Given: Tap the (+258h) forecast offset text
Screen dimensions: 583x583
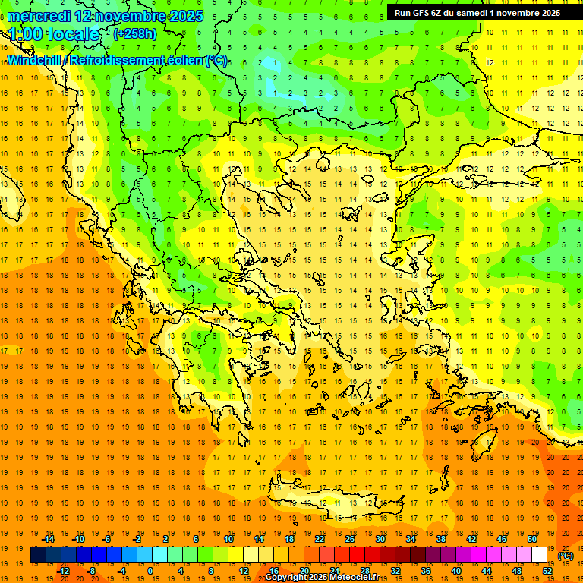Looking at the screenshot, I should pos(135,33).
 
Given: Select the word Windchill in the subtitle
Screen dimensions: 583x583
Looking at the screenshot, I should pos(34,60).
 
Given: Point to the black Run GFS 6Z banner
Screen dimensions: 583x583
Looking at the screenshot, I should pos(476,12).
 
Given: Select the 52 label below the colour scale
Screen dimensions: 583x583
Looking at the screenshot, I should pos(547,571).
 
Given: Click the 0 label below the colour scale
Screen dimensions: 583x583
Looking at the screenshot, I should pos(150,571).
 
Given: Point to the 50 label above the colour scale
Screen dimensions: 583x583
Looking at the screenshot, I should pos(532,539).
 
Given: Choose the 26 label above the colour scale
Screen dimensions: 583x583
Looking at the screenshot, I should pos(350,539).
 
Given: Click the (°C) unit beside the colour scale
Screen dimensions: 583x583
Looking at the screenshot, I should pos(566,556).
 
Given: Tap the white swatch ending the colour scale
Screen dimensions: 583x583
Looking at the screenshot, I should pos(540,555).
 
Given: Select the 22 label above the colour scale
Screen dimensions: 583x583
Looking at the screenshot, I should pos(320,539).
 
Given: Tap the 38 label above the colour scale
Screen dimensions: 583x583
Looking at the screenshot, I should pos(441,539).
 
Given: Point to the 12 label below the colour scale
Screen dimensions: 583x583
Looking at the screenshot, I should pos(244,571).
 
